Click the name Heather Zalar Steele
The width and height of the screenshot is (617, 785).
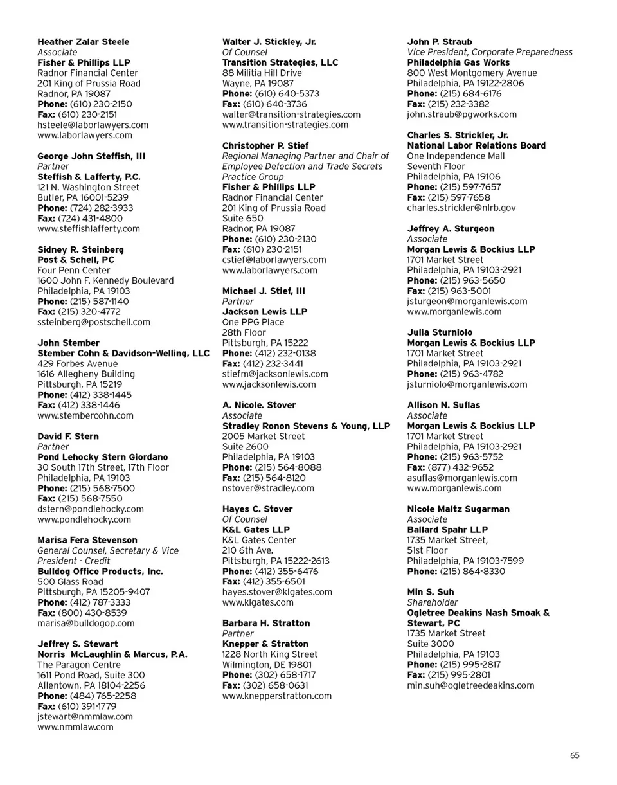coord(83,42)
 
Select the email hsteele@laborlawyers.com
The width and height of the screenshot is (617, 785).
coord(93,125)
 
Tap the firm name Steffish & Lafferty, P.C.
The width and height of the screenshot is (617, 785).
coord(89,176)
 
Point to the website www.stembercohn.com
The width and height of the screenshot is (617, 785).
coord(85,415)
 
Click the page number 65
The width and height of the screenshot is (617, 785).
coord(575,755)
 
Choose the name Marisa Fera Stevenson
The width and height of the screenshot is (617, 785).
coord(87,540)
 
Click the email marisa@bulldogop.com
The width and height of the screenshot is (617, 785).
coord(86,623)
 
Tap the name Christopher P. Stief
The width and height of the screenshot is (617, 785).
coord(265,146)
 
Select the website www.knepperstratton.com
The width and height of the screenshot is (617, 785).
coord(276,696)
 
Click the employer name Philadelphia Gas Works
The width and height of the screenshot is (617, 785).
coord(458,62)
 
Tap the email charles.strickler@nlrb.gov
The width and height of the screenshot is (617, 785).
coord(461,208)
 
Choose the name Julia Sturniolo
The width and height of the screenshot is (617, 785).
coord(440,332)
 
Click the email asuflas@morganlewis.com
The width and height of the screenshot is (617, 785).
coord(462,478)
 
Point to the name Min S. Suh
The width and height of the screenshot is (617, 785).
coord(431,592)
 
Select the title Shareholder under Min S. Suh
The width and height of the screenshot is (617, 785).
coord(433,602)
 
